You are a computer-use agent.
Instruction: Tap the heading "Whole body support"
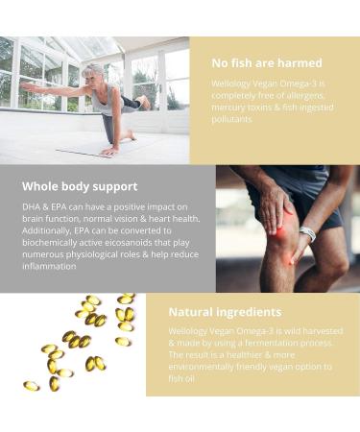[80, 185]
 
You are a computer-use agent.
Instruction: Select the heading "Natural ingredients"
[225, 312]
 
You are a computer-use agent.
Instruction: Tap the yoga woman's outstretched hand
[26, 88]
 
